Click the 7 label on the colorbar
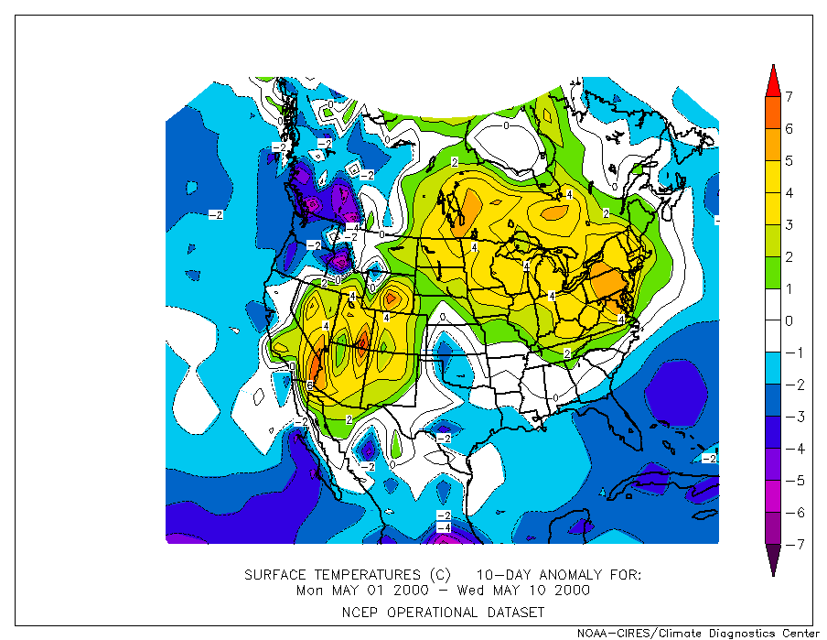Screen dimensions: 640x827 click(789, 97)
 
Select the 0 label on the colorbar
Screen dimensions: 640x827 click(789, 321)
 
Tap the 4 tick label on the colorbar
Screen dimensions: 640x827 click(789, 193)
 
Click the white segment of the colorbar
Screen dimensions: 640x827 click(773, 305)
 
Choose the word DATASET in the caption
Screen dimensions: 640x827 click(516, 612)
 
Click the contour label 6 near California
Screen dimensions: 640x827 click(311, 385)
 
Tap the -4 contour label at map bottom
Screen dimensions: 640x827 click(443, 528)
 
